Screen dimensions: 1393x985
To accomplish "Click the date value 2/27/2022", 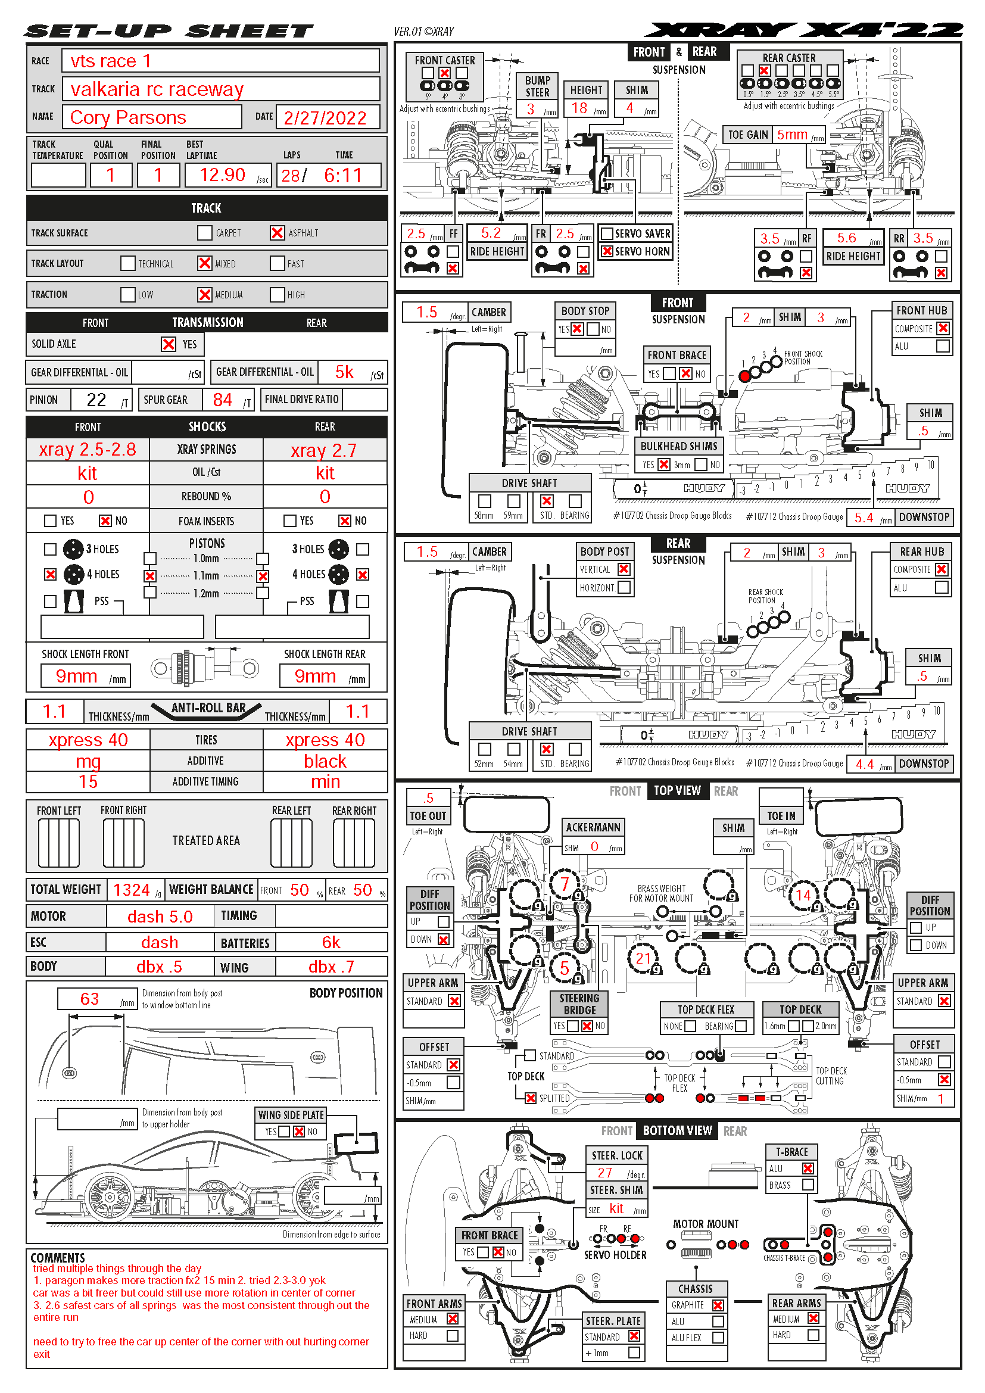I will [x=325, y=118].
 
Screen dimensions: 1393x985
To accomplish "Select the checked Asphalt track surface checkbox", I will [x=277, y=233].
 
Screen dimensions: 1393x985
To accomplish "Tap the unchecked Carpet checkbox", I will [x=205, y=233].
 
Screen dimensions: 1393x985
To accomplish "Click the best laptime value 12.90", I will [x=222, y=175].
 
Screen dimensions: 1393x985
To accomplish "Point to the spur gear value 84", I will [x=222, y=400].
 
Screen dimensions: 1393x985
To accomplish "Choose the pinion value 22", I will [x=96, y=400].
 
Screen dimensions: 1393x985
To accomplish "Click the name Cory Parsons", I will [x=128, y=118].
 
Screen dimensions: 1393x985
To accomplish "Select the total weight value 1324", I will [x=131, y=890].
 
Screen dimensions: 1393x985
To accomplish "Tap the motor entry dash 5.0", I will [x=160, y=917].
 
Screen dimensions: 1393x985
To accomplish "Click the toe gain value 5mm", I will [x=792, y=135].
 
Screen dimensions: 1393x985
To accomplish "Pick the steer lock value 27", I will [x=604, y=1173].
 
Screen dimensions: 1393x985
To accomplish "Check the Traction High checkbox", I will [x=277, y=295].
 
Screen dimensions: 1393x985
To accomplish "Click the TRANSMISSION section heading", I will [x=207, y=323].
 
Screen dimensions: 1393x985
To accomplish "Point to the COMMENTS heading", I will [x=58, y=1258].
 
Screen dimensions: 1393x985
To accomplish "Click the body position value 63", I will [x=89, y=999].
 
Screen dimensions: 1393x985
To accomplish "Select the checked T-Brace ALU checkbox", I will [x=808, y=1168].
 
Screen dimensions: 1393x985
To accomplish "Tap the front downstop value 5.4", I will [x=864, y=518].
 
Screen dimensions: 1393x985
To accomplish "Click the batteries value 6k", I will [x=331, y=942].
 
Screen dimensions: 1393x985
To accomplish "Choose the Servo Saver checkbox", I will [x=606, y=233].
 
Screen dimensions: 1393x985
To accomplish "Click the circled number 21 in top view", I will [x=643, y=959].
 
